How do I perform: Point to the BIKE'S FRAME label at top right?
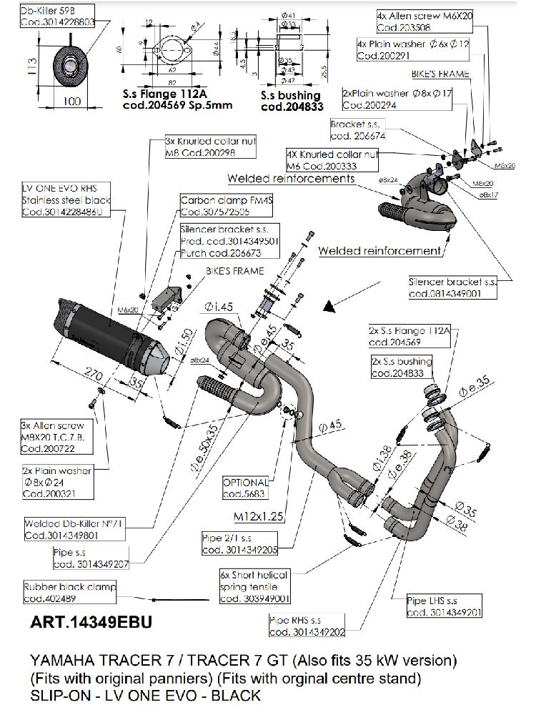click(440, 73)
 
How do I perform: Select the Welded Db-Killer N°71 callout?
click(65, 528)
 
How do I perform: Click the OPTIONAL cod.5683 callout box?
click(245, 488)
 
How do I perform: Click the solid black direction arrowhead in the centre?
click(329, 307)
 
